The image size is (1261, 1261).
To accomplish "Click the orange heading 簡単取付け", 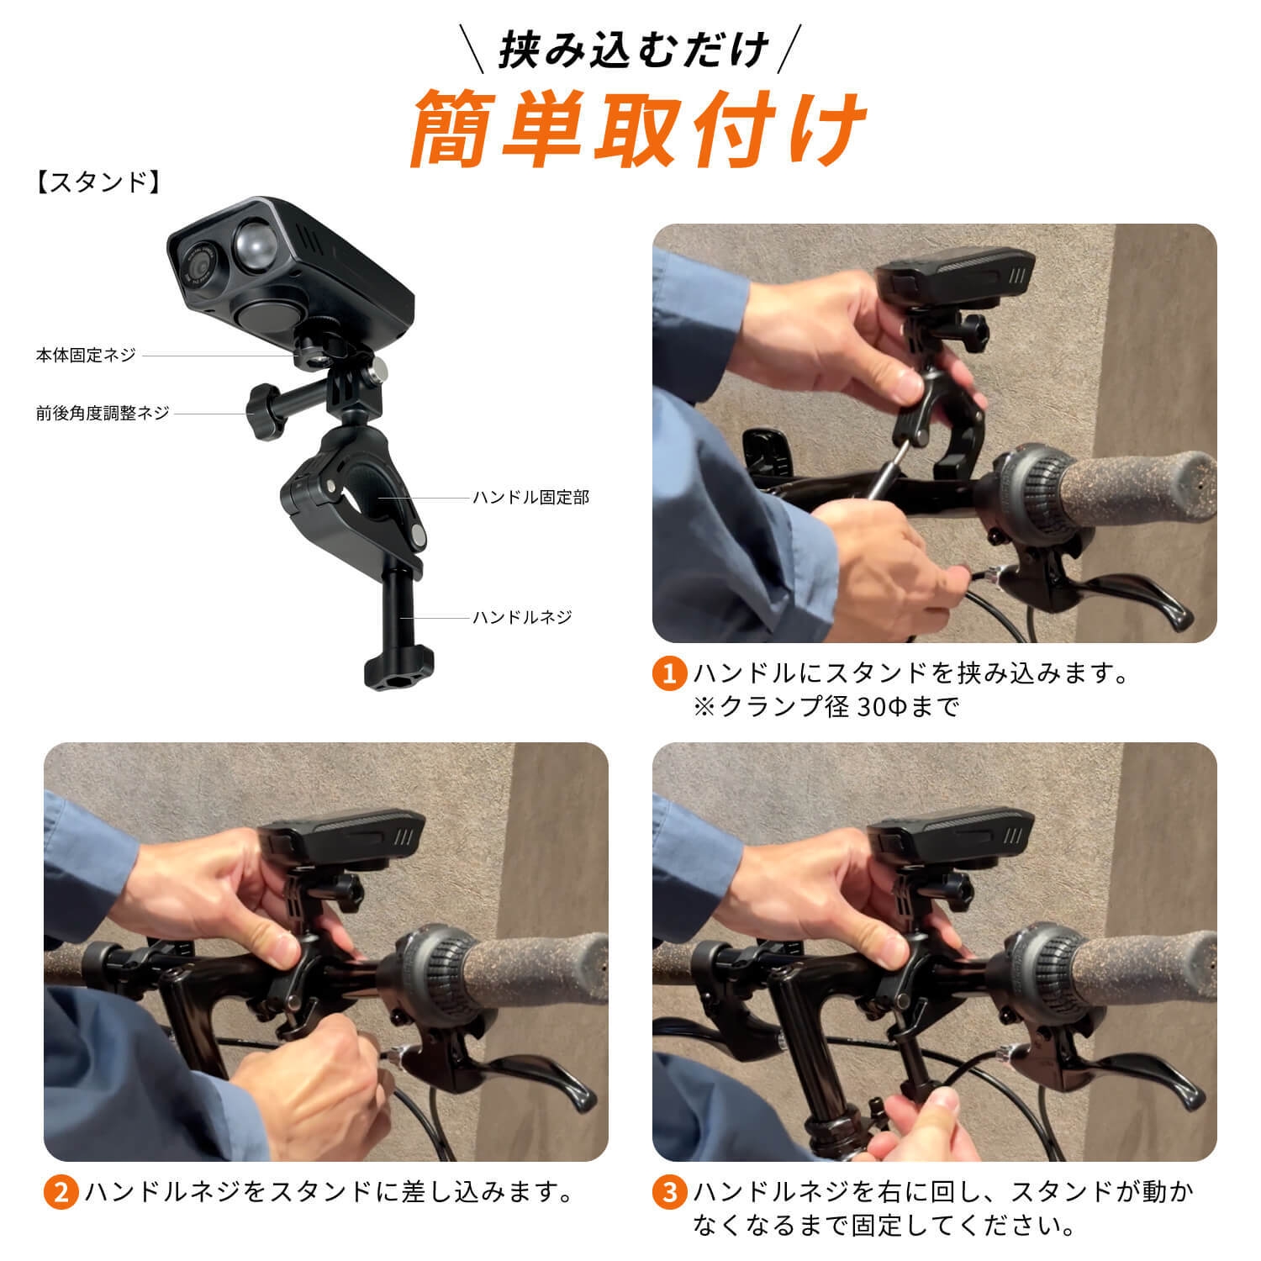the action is (639, 128).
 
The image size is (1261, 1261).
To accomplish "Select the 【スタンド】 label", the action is (98, 182).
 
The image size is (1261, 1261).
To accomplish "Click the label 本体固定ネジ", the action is (85, 356).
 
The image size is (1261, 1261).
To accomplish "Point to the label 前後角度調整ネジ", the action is (102, 413).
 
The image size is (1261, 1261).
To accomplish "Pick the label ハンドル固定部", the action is (530, 498).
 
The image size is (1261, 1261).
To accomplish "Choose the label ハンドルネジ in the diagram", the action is (522, 617).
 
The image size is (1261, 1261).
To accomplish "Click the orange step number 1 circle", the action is (669, 674).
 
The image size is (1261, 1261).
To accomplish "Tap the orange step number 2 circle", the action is (61, 1192).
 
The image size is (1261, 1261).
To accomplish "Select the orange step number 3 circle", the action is (669, 1192).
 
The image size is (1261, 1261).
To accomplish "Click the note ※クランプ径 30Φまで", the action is (825, 706).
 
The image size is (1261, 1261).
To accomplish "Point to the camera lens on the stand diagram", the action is (198, 263).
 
